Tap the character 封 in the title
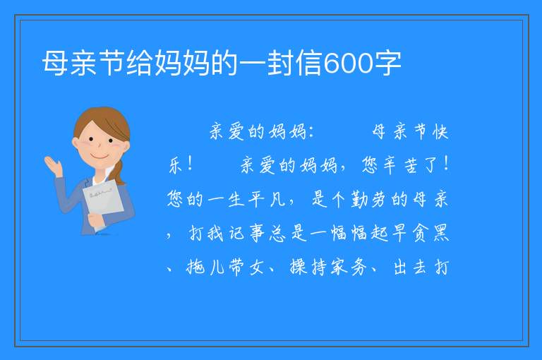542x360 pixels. pos(281,63)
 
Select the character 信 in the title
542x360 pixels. pos(308,63)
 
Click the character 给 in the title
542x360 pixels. pos(140,63)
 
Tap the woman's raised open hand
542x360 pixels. pos(53,165)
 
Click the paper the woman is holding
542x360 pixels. pos(103,203)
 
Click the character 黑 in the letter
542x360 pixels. pos(440,233)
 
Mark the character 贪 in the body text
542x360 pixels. pos(421,233)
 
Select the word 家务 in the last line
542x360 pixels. pos(348,267)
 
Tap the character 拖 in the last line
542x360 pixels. pos(195,267)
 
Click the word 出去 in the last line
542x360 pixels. pos(409,267)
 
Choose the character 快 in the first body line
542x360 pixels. pos(440,132)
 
